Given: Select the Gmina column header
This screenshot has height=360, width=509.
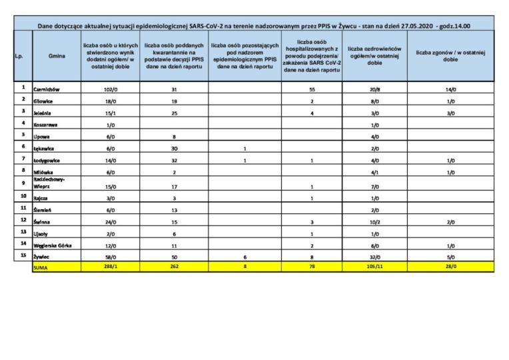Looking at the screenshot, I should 57,57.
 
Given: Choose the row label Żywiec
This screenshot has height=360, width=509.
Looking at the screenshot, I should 41,257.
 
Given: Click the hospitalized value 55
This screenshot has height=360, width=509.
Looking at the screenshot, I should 312,88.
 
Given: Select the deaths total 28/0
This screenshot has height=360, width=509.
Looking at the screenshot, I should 450,267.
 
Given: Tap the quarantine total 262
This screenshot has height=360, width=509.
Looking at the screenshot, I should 173,267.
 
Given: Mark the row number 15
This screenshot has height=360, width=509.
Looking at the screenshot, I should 23,255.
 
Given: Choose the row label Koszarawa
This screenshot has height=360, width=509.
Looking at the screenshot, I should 45,125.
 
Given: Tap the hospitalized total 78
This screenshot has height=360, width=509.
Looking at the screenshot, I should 312,267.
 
